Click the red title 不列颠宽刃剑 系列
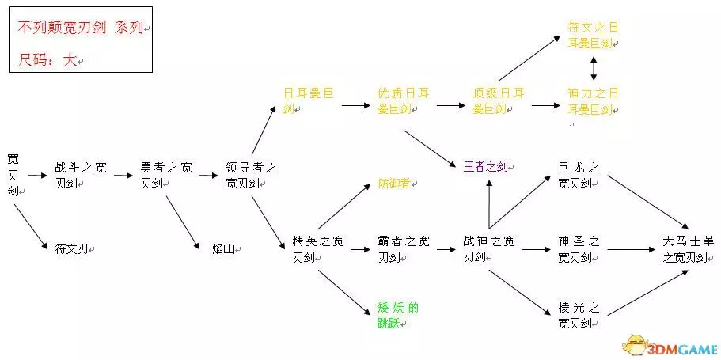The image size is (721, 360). [x=80, y=28]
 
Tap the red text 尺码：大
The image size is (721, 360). [x=47, y=59]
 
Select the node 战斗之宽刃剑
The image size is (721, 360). [x=81, y=175]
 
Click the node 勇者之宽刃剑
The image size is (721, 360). [x=165, y=175]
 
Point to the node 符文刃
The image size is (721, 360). [x=74, y=248]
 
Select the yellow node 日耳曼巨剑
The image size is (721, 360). [x=309, y=100]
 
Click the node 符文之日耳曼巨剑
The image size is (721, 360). [x=593, y=36]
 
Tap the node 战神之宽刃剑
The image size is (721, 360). [x=488, y=248]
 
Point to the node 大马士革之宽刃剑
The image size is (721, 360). [x=688, y=248]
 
